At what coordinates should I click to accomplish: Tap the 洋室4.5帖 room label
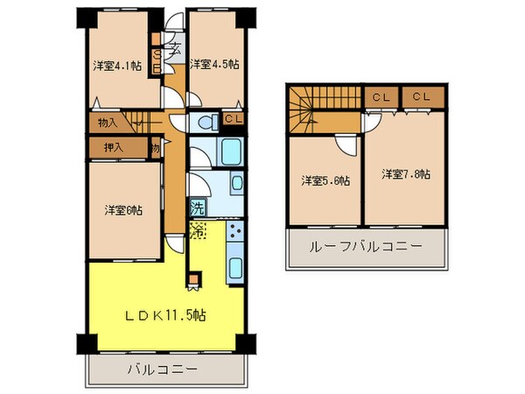215,63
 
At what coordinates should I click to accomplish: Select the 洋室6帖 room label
123,210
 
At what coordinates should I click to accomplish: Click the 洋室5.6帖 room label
325,180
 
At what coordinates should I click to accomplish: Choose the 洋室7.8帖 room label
405,174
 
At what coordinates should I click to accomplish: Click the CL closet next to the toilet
233,120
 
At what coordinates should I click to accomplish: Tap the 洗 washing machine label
198,209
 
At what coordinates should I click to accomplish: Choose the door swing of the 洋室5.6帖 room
346,145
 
